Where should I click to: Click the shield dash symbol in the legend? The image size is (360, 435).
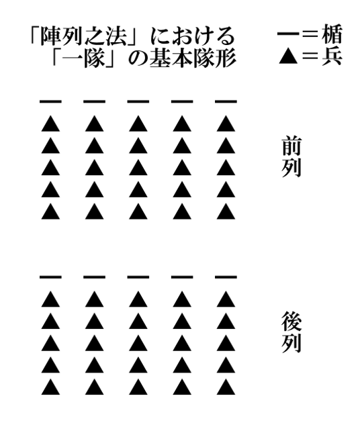288,34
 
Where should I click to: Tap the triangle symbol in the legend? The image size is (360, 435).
288,57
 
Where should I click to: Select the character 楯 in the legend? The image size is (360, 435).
332,34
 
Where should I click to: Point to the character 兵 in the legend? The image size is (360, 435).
332,56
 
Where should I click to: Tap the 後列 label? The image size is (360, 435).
291,332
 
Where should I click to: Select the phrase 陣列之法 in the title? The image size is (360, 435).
83,36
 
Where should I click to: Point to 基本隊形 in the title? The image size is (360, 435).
193,58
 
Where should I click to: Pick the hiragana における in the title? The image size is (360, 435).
193,36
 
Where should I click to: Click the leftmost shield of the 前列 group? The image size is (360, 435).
50,101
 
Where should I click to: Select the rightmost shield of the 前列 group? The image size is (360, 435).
226,101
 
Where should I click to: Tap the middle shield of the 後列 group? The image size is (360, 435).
138,277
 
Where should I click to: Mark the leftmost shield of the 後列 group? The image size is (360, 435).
50,277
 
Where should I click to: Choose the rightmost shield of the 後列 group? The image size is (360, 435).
226,277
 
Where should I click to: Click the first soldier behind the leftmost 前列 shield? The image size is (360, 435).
50,124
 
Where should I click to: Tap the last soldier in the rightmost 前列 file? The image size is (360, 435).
226,211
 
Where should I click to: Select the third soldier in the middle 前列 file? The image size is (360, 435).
138,168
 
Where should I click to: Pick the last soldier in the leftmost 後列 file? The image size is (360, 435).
50,387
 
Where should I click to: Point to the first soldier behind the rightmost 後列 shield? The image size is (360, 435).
226,299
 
